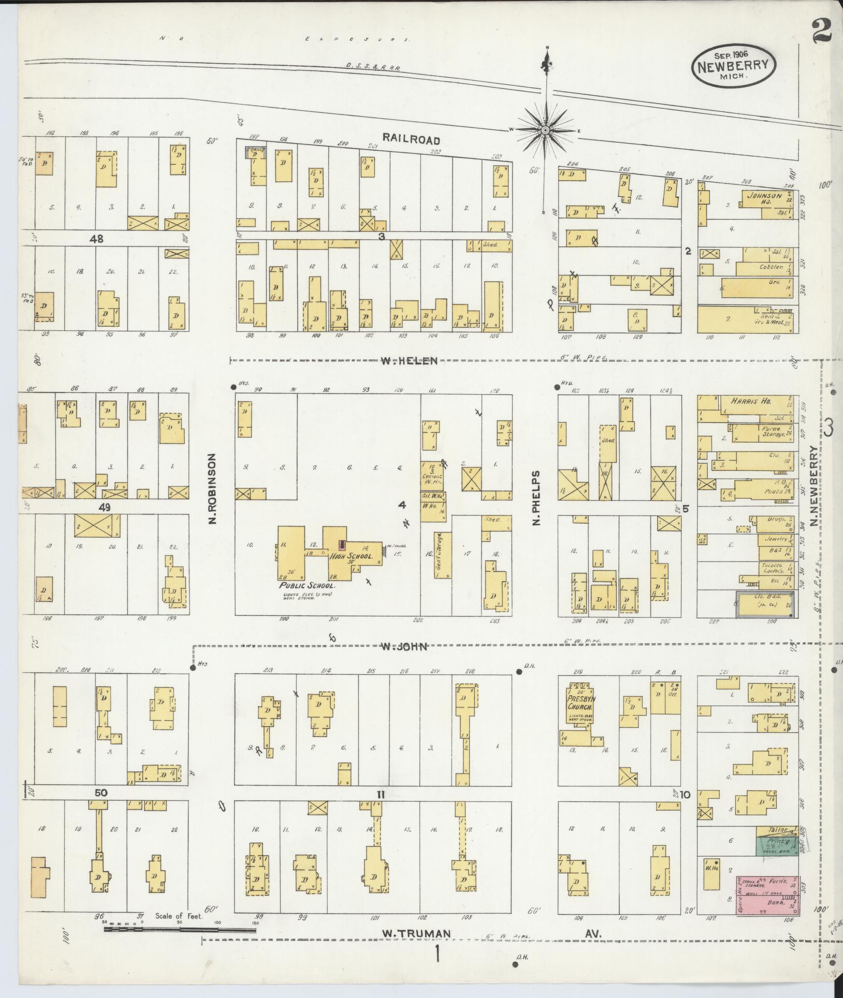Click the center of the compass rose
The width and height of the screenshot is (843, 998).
point(545,129)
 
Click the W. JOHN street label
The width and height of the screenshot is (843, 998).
point(403,646)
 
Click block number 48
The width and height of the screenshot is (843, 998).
point(96,239)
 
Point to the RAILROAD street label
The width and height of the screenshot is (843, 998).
point(411,140)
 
